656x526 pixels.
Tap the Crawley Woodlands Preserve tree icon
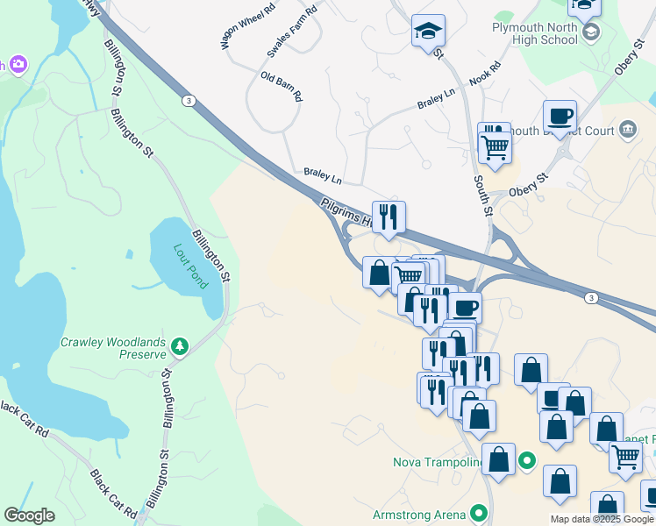pyautogui.click(x=180, y=347)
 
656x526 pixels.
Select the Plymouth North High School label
pyautogui.click(x=535, y=34)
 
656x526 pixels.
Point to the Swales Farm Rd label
pyautogui.click(x=291, y=34)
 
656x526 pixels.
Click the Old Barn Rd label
pyautogui.click(x=282, y=86)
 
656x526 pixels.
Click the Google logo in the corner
pyautogui.click(x=29, y=515)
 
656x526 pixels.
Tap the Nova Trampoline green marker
pyautogui.click(x=527, y=459)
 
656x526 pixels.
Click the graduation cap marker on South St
pyautogui.click(x=428, y=31)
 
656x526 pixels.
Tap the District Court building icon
pyautogui.click(x=628, y=131)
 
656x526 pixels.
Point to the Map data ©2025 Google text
pyautogui.click(x=602, y=519)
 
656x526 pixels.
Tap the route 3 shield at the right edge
pyautogui.click(x=592, y=299)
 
